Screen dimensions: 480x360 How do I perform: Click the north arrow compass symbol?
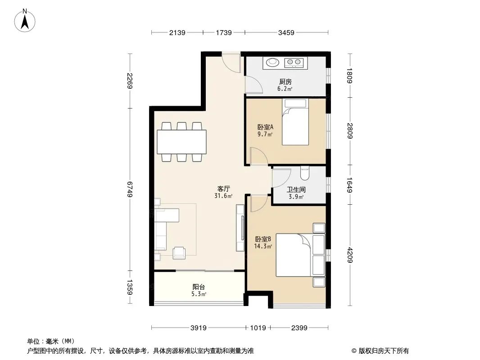[25, 20]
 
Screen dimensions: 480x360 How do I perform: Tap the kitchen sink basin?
[272, 63]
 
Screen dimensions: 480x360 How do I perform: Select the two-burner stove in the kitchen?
[294, 63]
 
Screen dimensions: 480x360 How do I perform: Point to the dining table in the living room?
[181, 142]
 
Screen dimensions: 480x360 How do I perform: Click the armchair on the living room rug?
[179, 253]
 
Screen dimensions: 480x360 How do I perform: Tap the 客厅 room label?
[223, 189]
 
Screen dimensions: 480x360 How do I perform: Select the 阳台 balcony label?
[199, 287]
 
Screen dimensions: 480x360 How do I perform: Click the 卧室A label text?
[265, 127]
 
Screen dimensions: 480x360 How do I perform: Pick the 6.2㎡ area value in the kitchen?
[285, 89]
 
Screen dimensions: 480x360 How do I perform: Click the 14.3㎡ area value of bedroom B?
[263, 246]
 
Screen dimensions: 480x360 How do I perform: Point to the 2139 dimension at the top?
[177, 32]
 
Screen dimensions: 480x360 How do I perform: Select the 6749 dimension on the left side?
[130, 189]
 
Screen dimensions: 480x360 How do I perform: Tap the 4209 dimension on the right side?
[350, 255]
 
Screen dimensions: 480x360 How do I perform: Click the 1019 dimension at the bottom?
[258, 328]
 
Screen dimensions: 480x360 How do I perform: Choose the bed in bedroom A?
[295, 122]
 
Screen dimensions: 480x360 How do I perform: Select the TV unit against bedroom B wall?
[240, 228]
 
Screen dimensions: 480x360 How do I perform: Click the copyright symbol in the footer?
[354, 351]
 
